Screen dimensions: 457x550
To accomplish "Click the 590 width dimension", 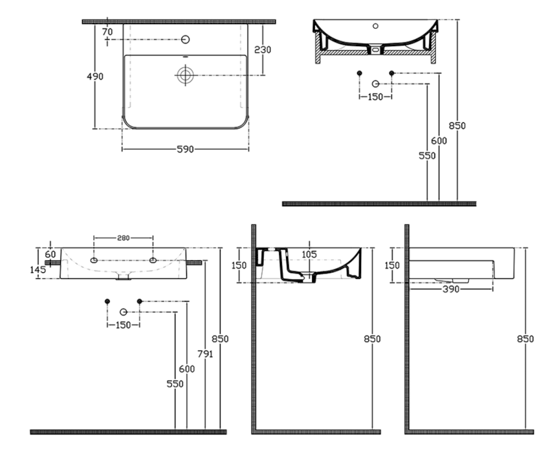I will tap(185, 148).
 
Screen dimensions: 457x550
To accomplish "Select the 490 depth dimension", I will tap(96, 76).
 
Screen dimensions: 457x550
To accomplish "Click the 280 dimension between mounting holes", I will tap(123, 238).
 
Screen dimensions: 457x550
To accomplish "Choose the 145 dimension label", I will tap(37, 270).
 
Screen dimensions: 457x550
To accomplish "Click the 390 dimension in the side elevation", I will tap(452, 291).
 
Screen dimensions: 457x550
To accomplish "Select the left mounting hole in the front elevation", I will tap(95, 260).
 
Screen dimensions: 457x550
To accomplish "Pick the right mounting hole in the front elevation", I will tap(153, 260).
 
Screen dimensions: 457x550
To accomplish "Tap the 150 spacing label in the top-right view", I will tap(376, 97).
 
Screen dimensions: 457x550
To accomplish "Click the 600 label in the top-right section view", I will tap(439, 140).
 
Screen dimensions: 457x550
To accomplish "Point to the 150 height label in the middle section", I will tap(239, 265).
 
